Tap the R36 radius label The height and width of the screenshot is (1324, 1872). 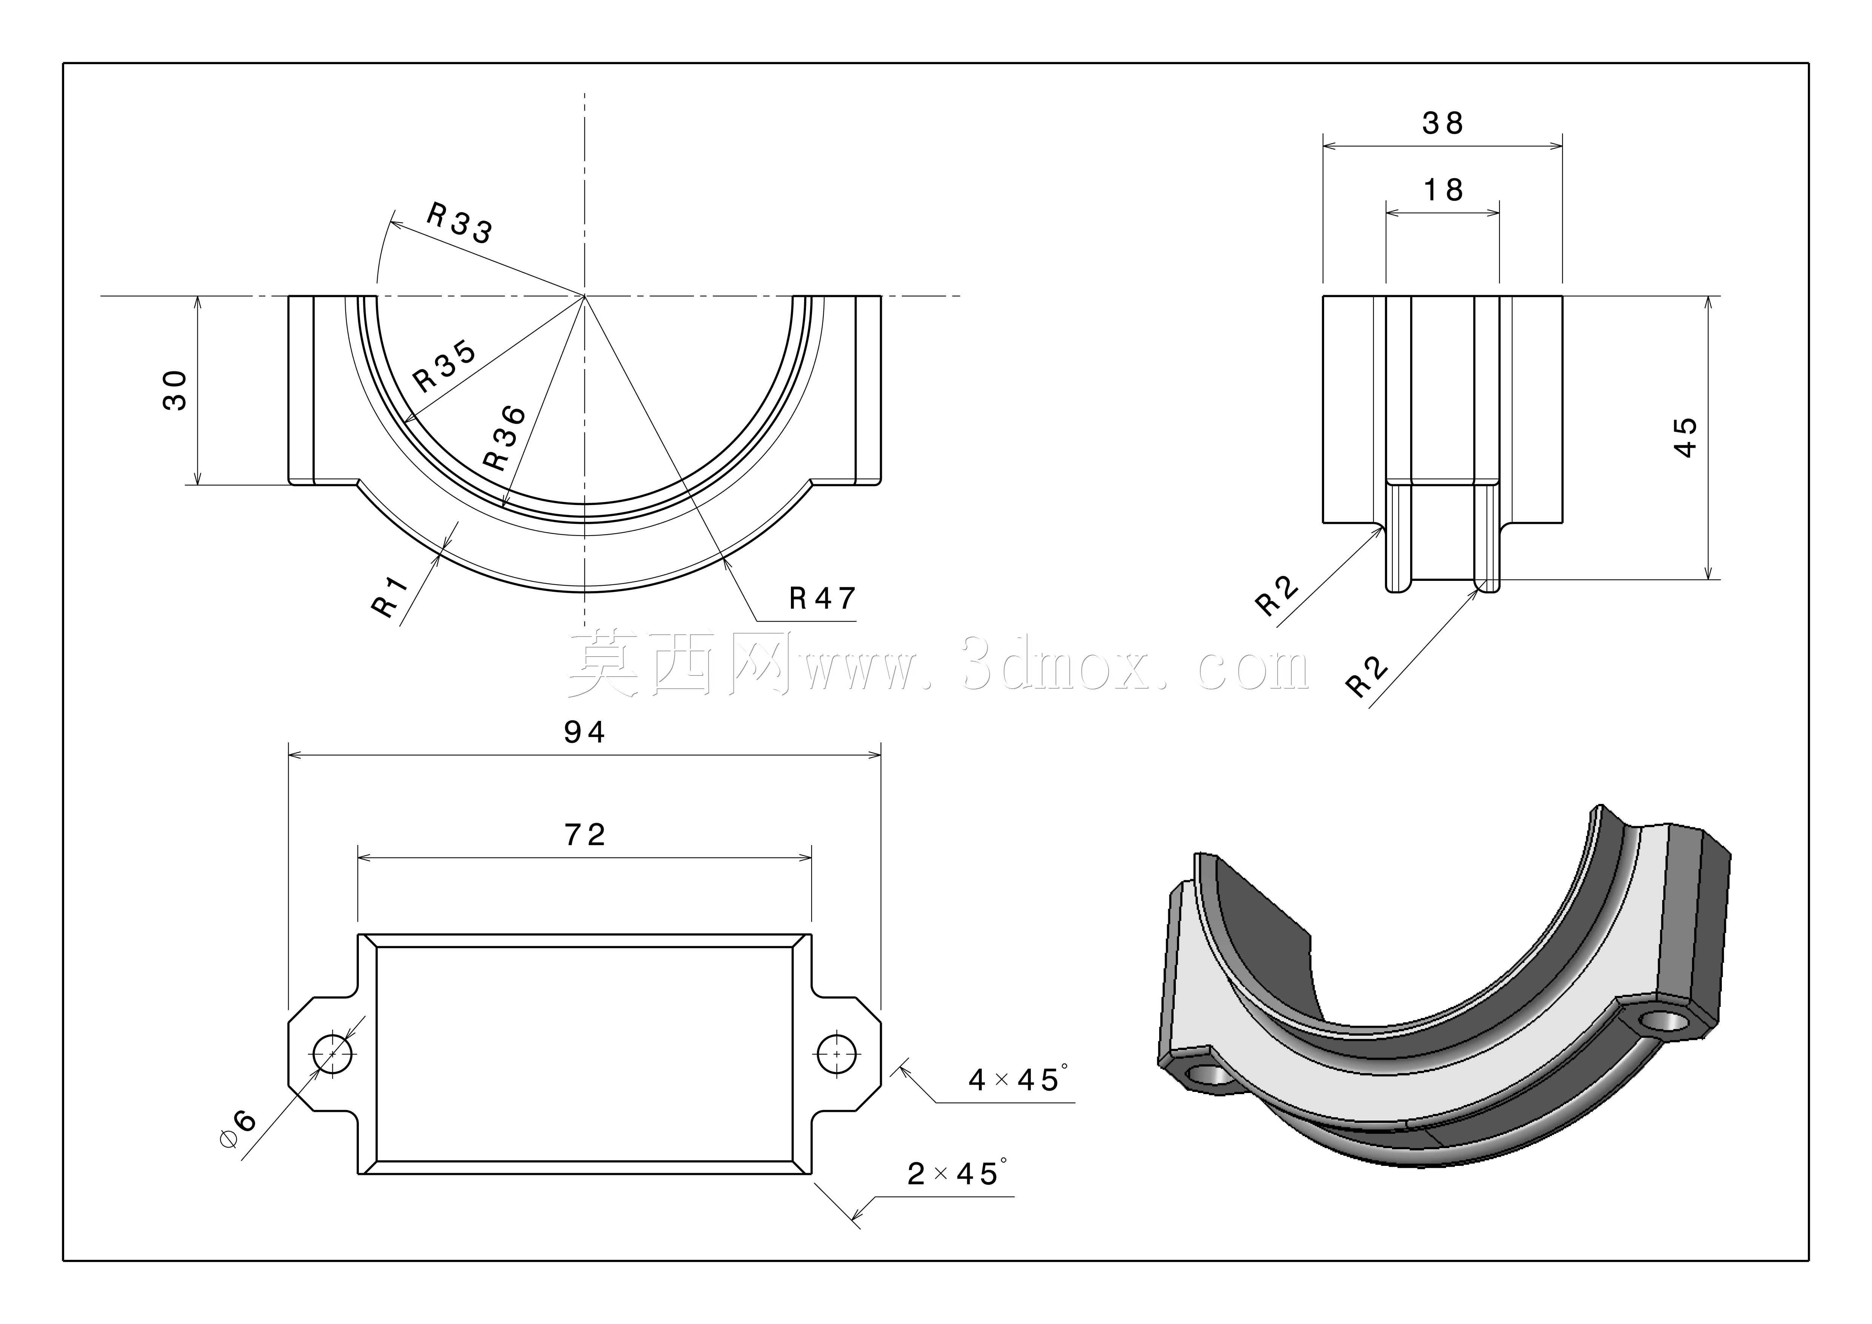point(505,438)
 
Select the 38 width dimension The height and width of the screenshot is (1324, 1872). point(1442,123)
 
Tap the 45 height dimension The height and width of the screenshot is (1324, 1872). point(1684,438)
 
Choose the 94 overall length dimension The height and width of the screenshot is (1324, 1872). point(585,732)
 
